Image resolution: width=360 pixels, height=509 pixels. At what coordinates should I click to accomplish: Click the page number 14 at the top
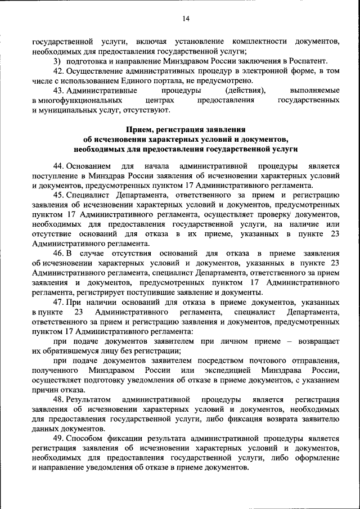[x=186, y=19]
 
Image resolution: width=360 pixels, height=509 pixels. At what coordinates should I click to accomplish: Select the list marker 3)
[x=57, y=61]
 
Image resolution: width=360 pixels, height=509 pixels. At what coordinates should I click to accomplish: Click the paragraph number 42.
[x=57, y=71]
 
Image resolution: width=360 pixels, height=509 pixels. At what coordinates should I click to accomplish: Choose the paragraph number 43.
[x=57, y=91]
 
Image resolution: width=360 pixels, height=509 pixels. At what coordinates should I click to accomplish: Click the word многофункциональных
[x=75, y=100]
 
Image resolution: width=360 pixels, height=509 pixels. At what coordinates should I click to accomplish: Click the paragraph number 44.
[x=57, y=166]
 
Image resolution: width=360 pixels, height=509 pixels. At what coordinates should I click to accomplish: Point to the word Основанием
[x=89, y=166]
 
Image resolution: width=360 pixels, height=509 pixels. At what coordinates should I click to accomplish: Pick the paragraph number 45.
[x=57, y=195]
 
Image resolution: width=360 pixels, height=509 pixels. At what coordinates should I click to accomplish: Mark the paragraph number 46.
[x=57, y=253]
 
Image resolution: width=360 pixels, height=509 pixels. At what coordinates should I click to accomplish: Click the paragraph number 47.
[x=57, y=302]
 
